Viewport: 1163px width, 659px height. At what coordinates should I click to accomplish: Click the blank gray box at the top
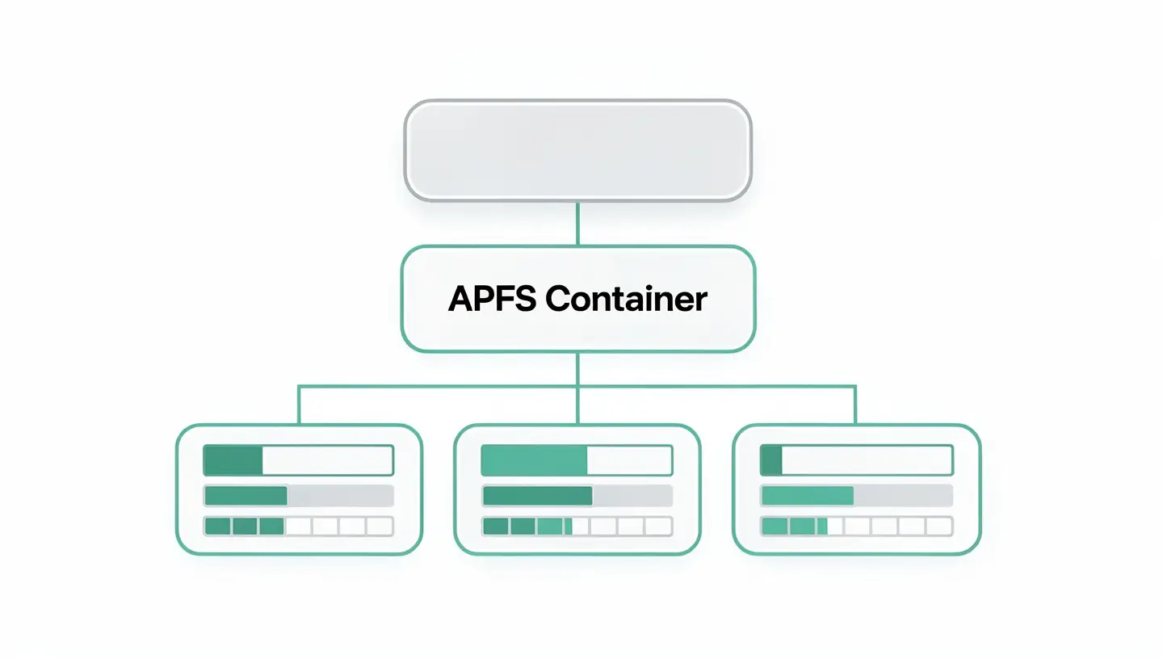click(577, 150)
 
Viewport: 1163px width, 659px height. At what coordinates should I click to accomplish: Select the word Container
click(627, 299)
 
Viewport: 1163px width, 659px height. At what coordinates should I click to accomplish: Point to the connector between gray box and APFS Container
click(577, 223)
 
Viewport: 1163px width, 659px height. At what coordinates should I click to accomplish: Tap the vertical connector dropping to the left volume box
click(299, 405)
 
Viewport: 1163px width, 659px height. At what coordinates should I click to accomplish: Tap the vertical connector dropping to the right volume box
click(855, 405)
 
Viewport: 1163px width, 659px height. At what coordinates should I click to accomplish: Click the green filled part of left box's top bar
click(233, 460)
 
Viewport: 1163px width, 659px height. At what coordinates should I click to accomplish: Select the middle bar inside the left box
click(298, 496)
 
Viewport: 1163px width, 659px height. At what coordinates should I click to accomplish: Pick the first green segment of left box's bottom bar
click(218, 527)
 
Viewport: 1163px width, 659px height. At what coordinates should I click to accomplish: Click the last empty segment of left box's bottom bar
click(380, 527)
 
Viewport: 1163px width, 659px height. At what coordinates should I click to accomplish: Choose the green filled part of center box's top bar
click(534, 460)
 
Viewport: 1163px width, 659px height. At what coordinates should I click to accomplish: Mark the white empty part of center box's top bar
click(629, 460)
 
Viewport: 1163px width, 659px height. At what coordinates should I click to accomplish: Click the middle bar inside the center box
click(577, 496)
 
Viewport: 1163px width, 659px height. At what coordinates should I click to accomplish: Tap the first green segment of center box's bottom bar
click(496, 527)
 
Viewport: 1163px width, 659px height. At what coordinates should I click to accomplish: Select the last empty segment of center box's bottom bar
click(657, 527)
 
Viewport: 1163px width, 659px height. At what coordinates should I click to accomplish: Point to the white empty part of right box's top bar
click(867, 460)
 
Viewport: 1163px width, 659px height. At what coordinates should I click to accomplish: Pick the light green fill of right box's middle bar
click(808, 496)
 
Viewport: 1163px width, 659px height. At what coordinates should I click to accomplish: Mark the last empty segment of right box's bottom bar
click(938, 527)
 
